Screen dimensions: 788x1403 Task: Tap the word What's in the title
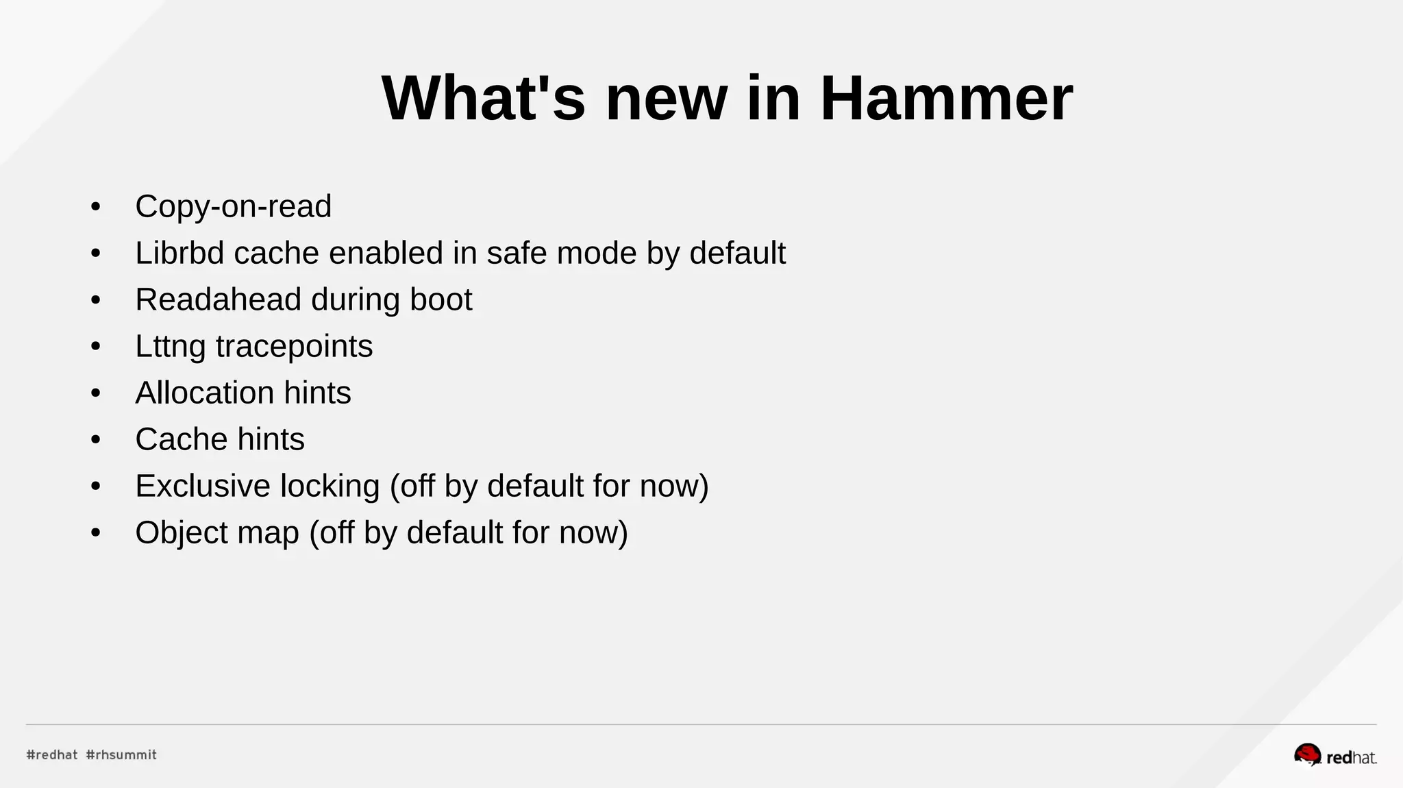coord(483,99)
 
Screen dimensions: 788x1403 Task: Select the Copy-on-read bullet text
coord(233,206)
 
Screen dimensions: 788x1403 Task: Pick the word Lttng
coord(170,347)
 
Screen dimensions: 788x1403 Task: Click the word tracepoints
coord(294,347)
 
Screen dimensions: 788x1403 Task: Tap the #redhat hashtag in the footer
coord(52,754)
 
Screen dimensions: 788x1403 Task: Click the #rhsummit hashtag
coord(121,754)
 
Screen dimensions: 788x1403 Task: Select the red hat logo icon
coord(1307,754)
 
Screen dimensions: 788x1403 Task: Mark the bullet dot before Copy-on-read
coord(95,207)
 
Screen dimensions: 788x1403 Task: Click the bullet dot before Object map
coord(95,533)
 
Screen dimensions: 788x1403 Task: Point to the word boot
coord(440,299)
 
